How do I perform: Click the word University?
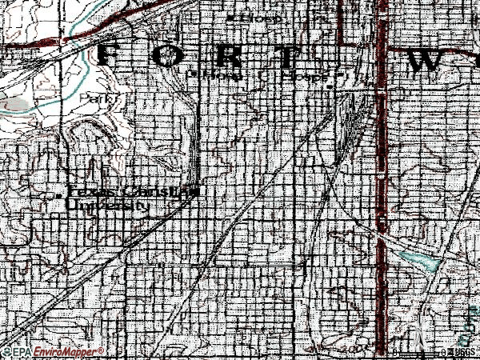109,206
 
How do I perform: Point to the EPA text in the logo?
20,352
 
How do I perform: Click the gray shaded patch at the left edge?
16,104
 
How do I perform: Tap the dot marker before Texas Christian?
61,194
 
